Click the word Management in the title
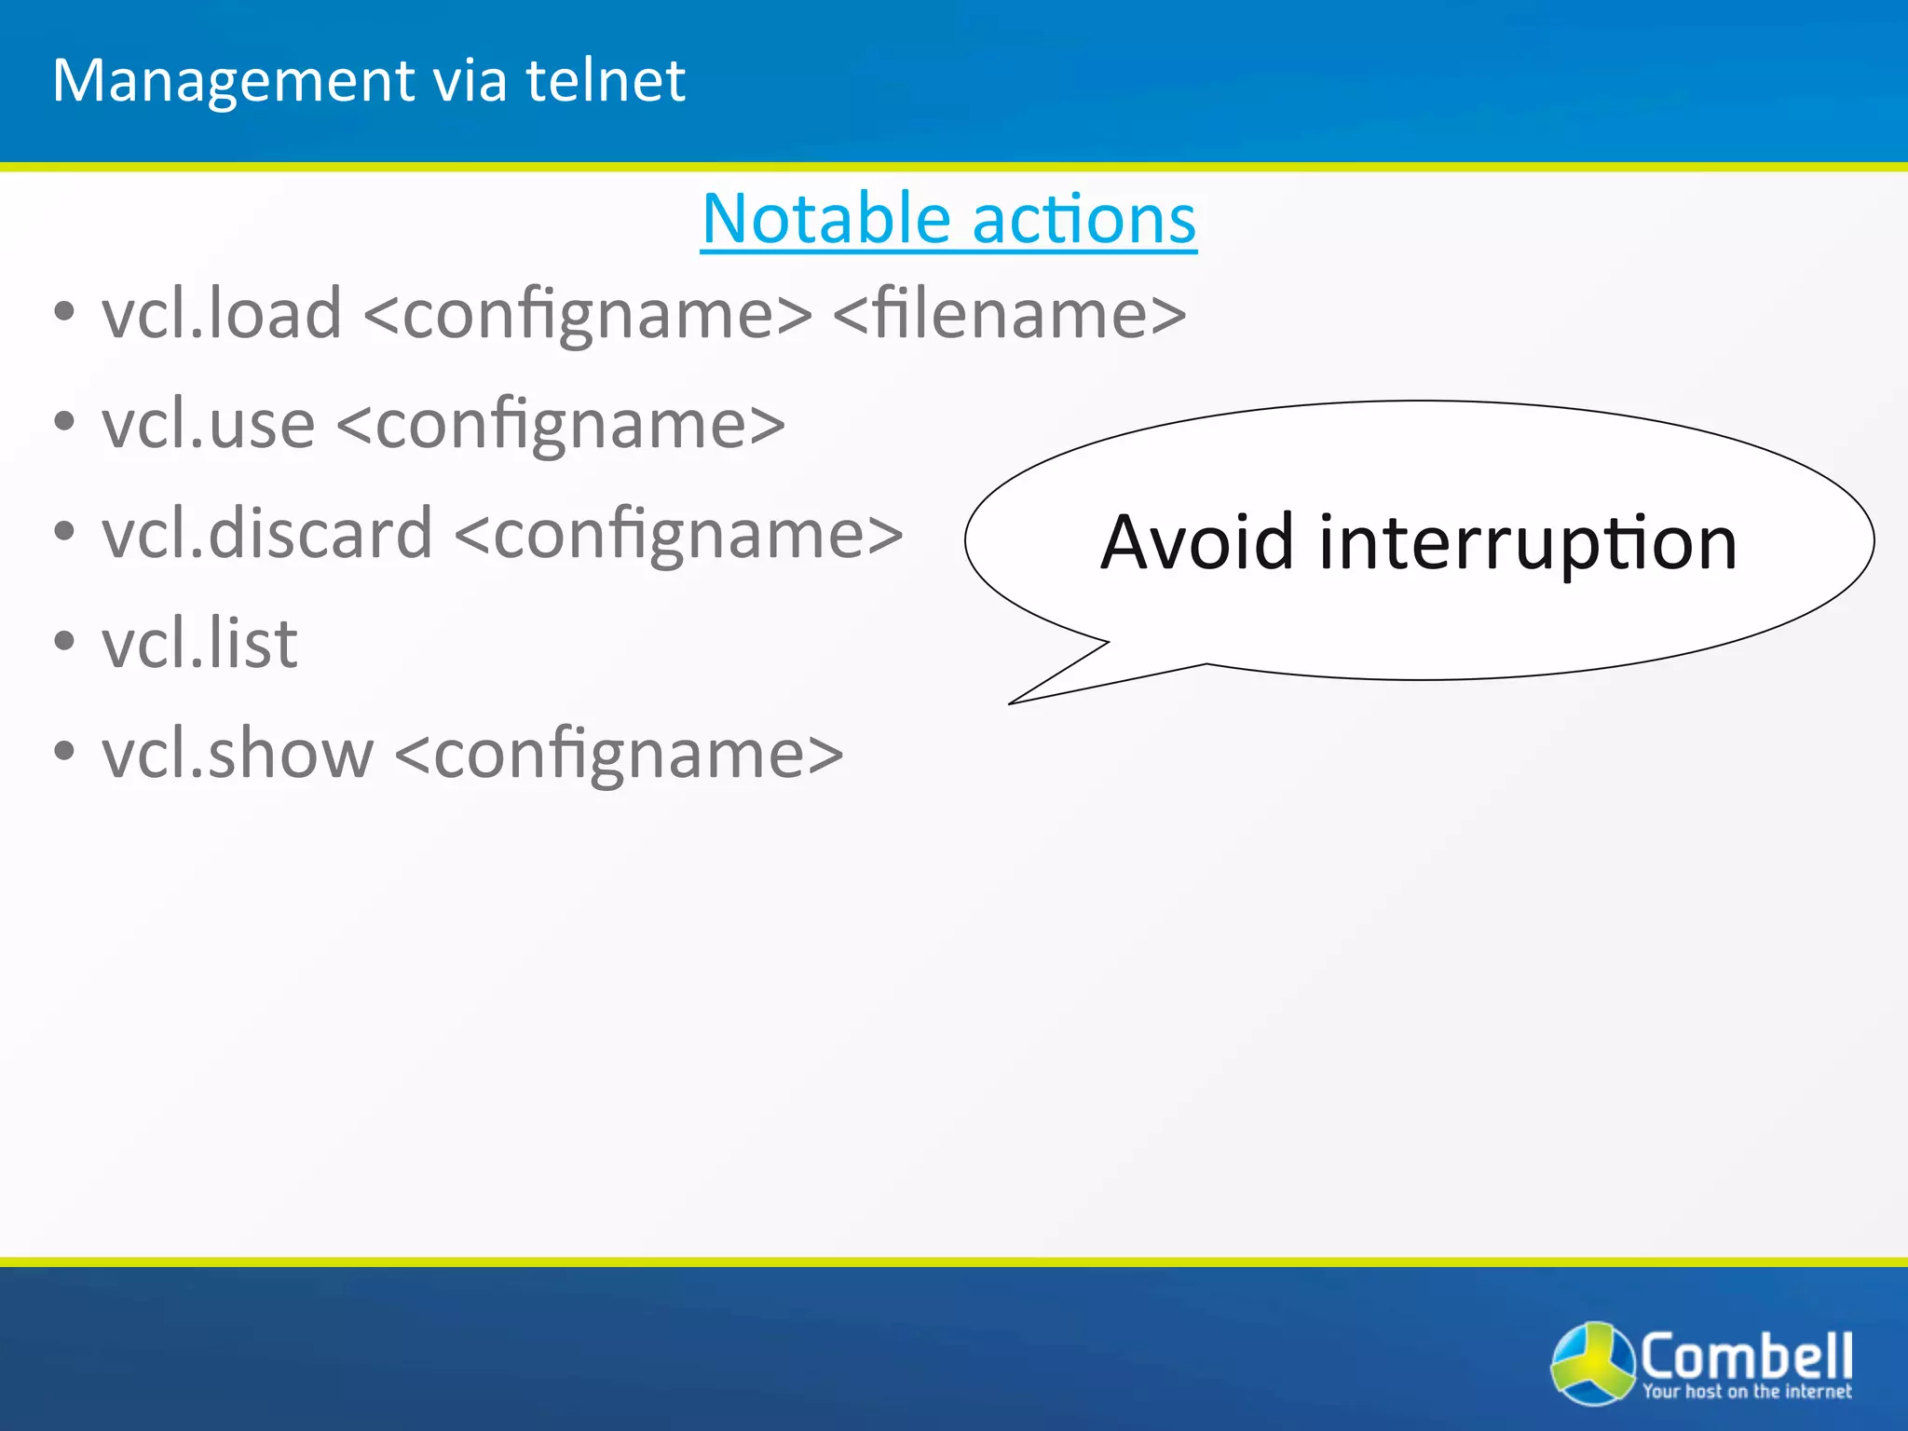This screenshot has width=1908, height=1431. pyautogui.click(x=234, y=81)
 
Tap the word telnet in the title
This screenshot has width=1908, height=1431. pyautogui.click(x=606, y=81)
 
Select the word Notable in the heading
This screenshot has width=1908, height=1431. pyautogui.click(x=825, y=219)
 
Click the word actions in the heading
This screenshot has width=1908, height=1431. pyautogui.click(x=1084, y=219)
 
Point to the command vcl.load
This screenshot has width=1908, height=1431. pyautogui.click(x=222, y=313)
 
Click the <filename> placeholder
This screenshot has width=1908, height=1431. pyautogui.click(x=1009, y=313)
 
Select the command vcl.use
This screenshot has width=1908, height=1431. pyautogui.click(x=209, y=424)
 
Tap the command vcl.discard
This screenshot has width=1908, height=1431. pyautogui.click(x=267, y=534)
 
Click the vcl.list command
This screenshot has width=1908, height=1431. pyautogui.click(x=199, y=643)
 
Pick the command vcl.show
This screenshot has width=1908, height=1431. pyautogui.click(x=238, y=753)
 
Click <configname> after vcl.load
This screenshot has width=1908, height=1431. pyautogui.click(x=588, y=315)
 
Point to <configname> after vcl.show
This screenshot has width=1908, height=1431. pyautogui.click(x=620, y=755)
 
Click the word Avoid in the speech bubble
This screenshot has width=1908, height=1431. pyautogui.click(x=1196, y=542)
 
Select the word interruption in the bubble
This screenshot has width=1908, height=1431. pyautogui.click(x=1528, y=544)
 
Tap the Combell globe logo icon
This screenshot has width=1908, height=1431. pyautogui.click(x=1592, y=1362)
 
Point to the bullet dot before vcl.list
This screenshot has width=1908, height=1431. pyautogui.click(x=63, y=642)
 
